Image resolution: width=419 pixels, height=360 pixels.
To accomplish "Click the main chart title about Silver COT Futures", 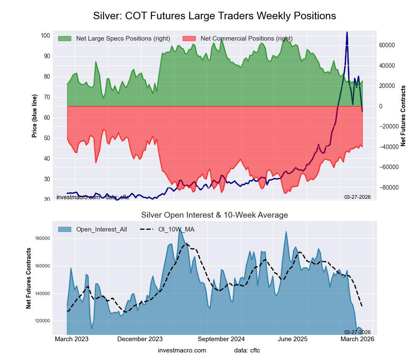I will click(214, 16).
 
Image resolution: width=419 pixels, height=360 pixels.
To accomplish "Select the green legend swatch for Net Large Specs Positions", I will click(65, 39).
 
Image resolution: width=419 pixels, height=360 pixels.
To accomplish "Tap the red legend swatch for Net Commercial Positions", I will click(189, 39).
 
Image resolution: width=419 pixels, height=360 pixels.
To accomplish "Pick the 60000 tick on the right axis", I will click(388, 45).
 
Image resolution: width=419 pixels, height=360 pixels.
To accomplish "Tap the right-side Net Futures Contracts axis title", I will click(403, 116).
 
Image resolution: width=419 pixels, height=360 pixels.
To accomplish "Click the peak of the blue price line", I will click(347, 32).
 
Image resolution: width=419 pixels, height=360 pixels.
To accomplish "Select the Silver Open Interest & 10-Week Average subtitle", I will click(214, 215).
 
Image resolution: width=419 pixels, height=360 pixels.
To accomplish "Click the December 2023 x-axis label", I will click(140, 339).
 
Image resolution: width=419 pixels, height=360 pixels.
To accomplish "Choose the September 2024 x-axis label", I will click(221, 339).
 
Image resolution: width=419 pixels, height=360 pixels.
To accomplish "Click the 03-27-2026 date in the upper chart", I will click(357, 197).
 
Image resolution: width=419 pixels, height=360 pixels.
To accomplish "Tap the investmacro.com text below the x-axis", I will click(182, 350).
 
